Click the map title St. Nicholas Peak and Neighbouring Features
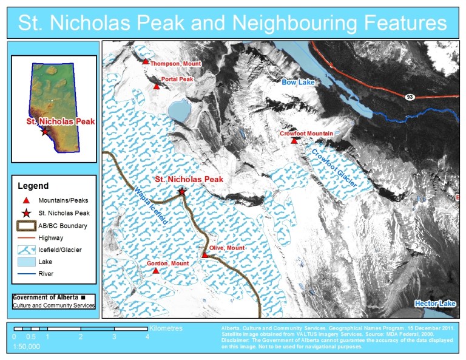(x=232, y=22)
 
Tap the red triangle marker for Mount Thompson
(x=146, y=61)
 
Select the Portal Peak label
(x=177, y=80)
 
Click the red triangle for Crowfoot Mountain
(x=294, y=141)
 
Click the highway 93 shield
(x=411, y=97)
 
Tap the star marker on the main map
(x=182, y=191)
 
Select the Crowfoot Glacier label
(x=333, y=164)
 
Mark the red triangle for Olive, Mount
(x=205, y=255)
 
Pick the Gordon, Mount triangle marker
(x=156, y=271)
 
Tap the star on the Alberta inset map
(x=44, y=131)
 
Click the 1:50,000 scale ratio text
(x=27, y=347)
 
